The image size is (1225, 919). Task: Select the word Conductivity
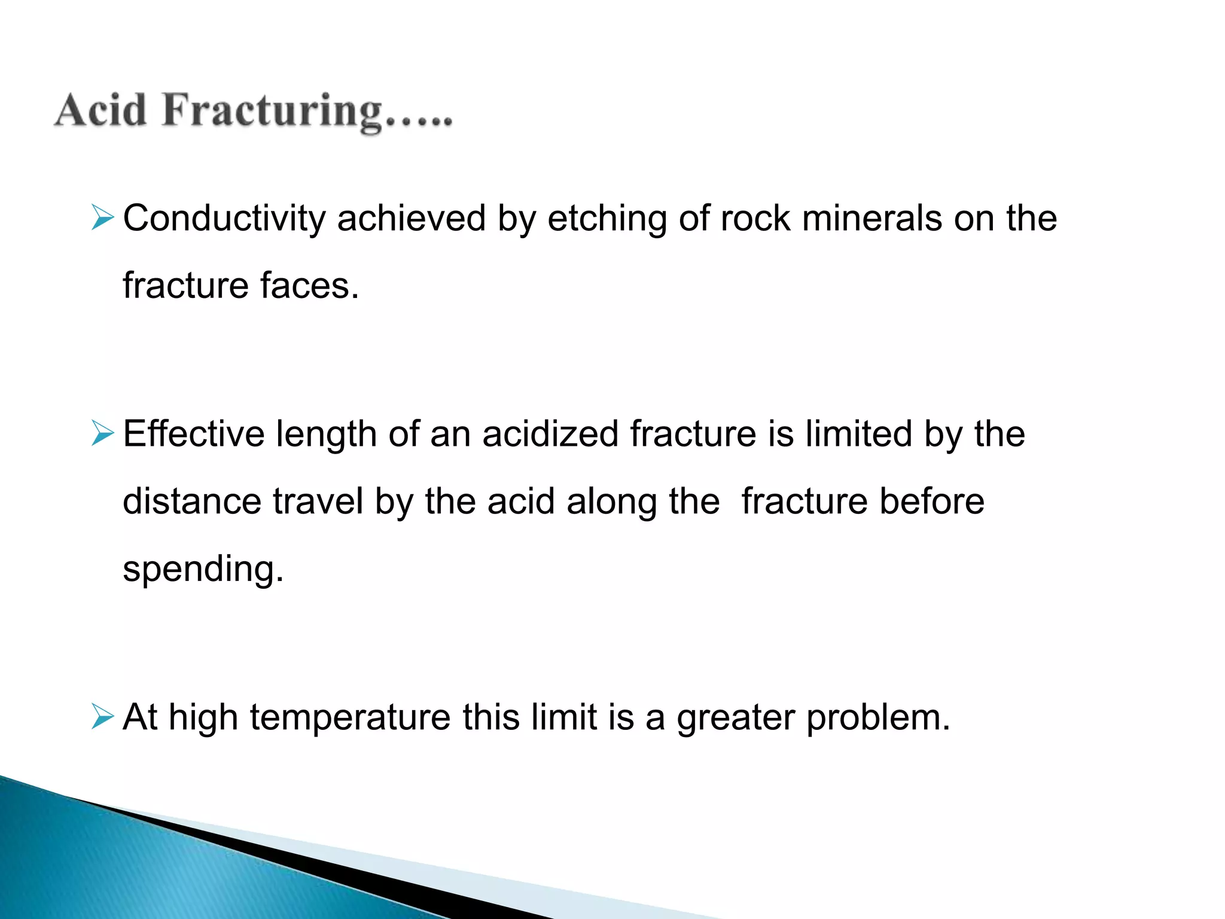(224, 218)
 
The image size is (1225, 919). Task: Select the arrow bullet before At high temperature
(103, 716)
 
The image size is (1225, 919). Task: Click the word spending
(203, 569)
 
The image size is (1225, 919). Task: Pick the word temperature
(350, 717)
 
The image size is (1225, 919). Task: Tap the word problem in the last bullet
(878, 717)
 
